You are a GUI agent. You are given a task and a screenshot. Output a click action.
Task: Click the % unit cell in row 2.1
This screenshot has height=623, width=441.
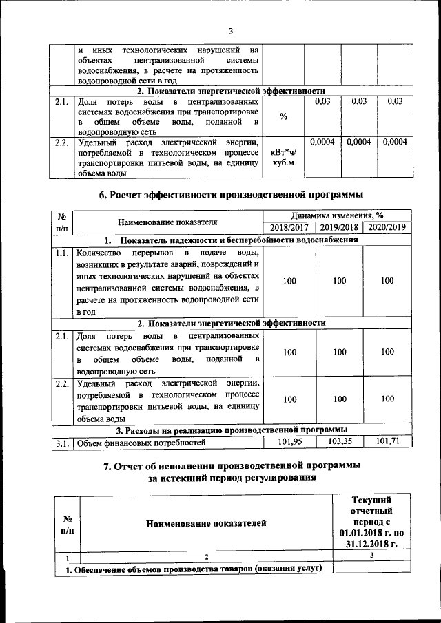(283, 116)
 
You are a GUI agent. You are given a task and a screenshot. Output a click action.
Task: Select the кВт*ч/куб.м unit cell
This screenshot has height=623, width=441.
(283, 158)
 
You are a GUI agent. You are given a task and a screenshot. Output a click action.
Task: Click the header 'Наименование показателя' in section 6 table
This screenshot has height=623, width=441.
(167, 222)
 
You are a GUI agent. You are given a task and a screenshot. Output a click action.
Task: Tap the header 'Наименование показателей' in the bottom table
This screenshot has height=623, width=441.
(205, 524)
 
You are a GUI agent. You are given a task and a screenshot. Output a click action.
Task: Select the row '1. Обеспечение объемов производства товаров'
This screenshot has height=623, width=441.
(193, 568)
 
